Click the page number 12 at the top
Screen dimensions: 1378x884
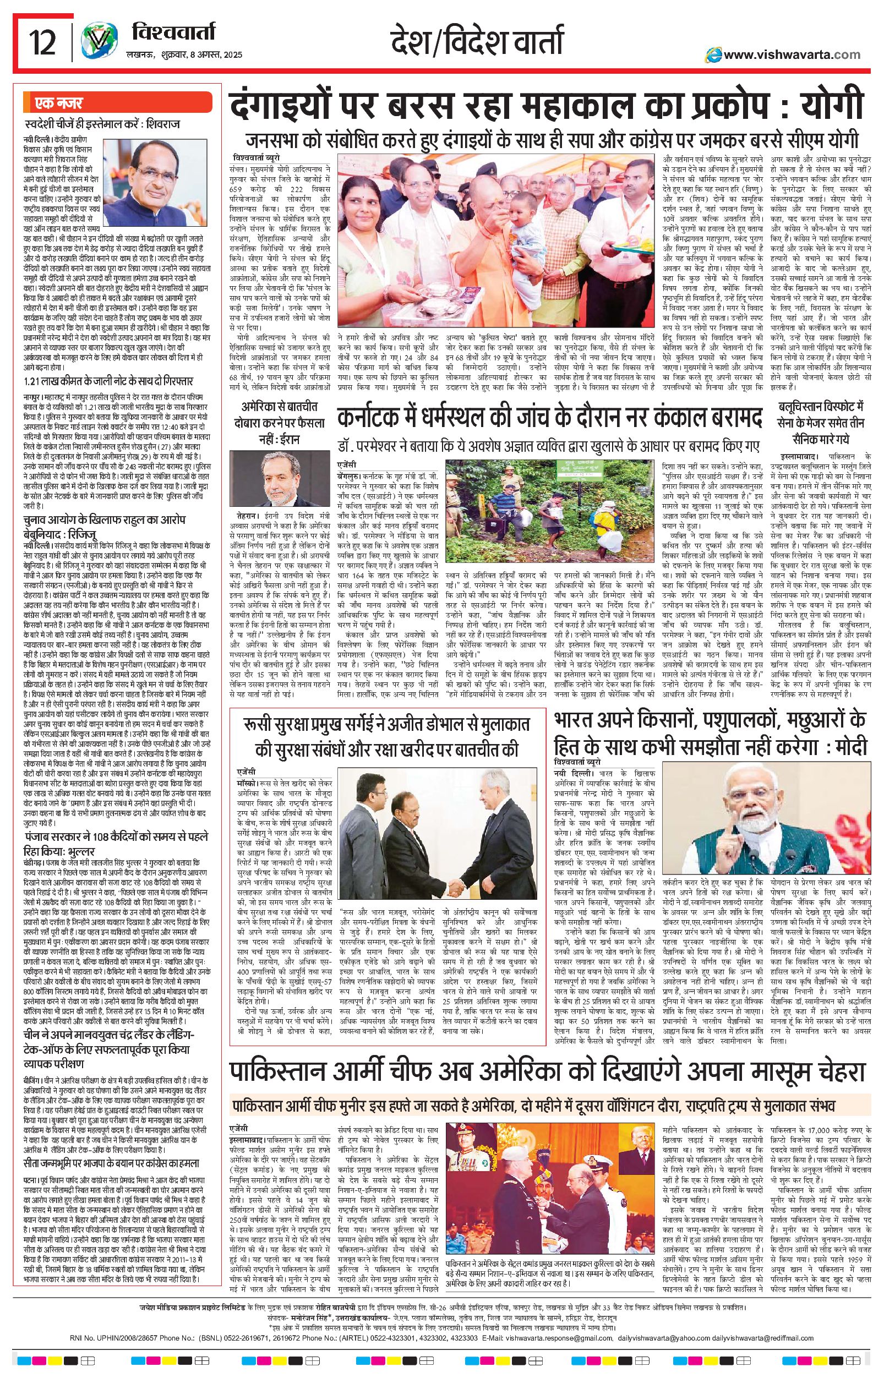[x=43, y=42]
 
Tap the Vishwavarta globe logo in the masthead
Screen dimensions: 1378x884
[x=94, y=43]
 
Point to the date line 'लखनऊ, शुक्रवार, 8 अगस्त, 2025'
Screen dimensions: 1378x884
[x=184, y=55]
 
